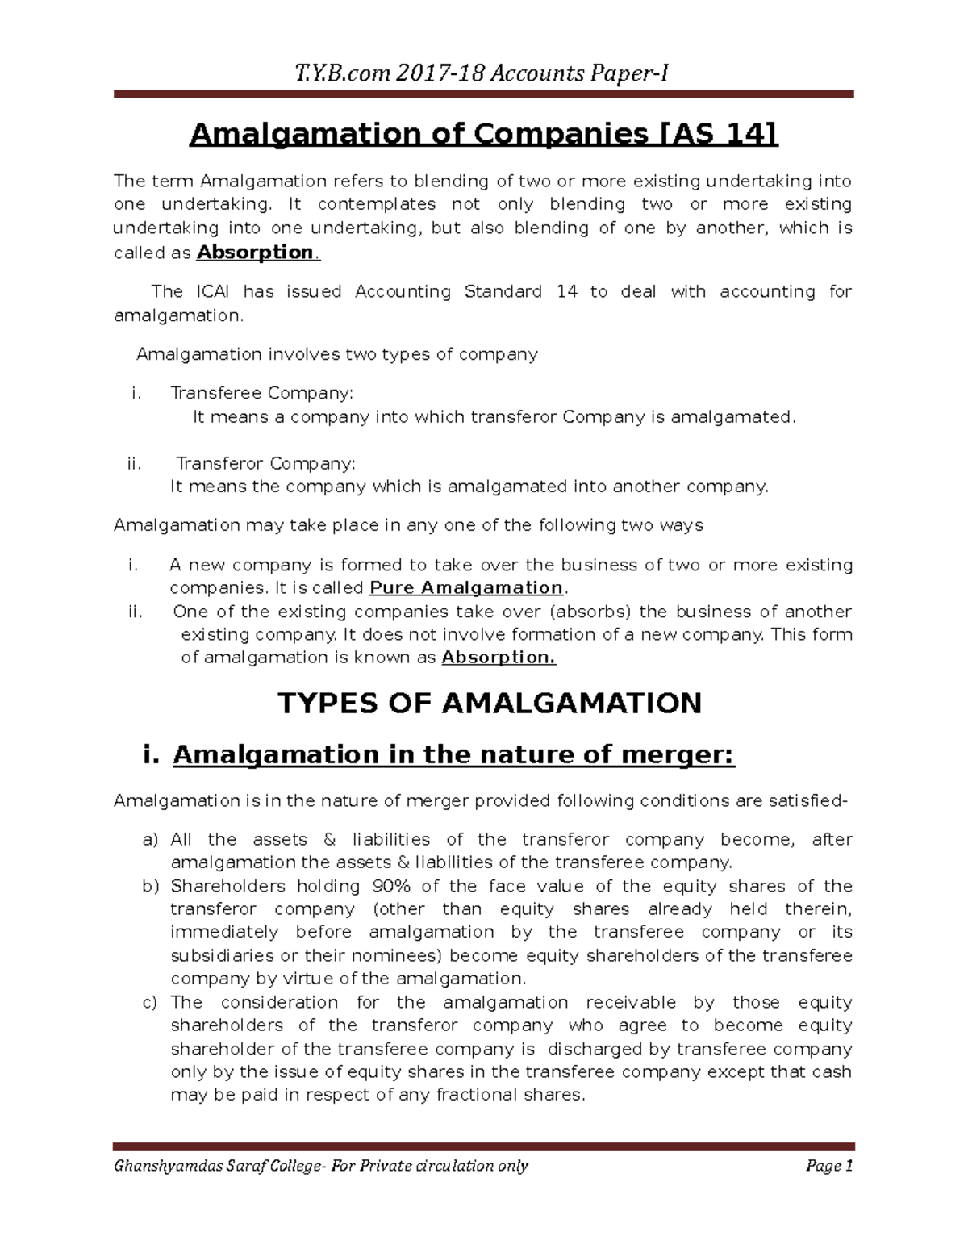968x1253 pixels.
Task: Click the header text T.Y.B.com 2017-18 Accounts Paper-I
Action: coord(482,74)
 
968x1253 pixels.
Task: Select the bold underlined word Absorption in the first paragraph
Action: coord(255,253)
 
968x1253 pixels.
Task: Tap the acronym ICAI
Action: coord(212,291)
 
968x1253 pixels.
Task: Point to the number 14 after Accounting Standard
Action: coord(566,291)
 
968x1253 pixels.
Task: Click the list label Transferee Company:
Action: coord(261,393)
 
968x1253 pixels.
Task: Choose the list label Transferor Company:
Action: coord(265,464)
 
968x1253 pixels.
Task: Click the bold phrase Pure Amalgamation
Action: coord(465,587)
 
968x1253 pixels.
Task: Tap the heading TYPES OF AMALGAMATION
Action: coord(489,704)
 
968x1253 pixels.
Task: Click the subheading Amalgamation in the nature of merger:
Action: coord(453,756)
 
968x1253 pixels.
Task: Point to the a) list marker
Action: coord(151,840)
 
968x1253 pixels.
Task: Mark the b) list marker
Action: coord(151,887)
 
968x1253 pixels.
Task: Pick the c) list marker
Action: coord(151,1003)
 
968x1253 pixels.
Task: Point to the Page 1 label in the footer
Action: coord(828,1166)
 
